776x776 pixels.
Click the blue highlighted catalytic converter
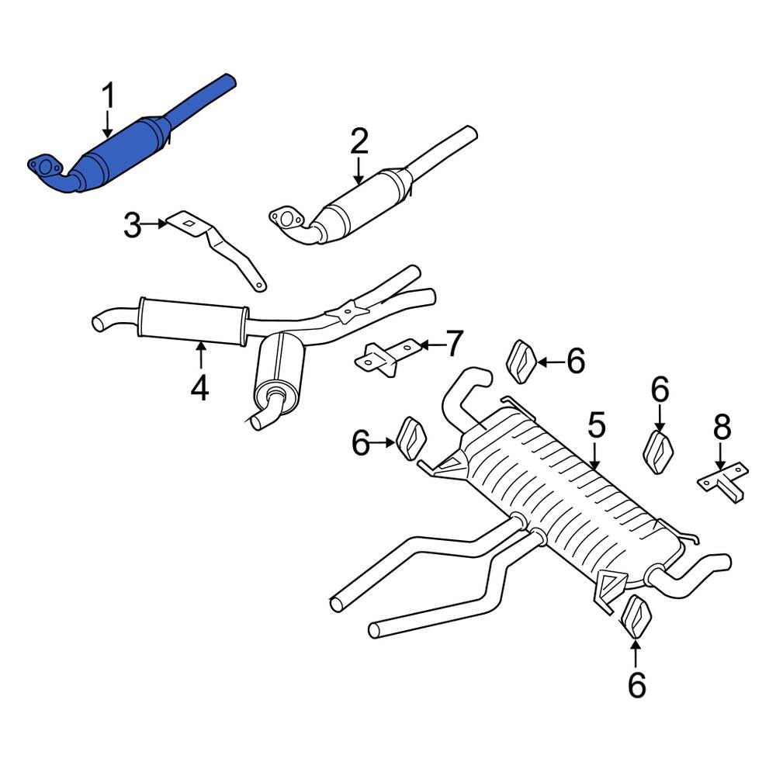124,151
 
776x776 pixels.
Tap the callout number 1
108,96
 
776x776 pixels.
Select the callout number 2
359,142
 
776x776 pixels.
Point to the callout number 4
200,387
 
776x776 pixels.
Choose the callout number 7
454,342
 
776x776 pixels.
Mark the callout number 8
722,426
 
